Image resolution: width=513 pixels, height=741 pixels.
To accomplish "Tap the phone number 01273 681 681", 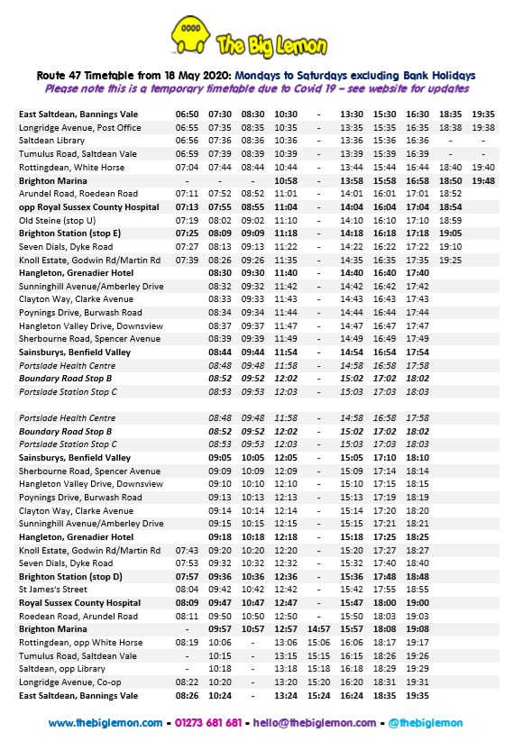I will coord(206,723).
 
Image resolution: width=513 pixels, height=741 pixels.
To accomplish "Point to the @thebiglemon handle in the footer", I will coord(425,723).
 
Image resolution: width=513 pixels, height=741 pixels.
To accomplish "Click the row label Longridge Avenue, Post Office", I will coord(80,128).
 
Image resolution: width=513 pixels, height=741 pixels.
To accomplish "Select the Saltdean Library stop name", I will coord(60,141).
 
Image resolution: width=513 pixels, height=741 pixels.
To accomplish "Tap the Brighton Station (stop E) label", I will coord(70,233).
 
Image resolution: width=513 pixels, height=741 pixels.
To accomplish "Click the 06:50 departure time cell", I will coord(188,114).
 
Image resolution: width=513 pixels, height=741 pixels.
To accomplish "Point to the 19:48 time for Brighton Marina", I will coord(483,180).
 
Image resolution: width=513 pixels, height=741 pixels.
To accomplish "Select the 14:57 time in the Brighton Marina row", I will coord(318,628).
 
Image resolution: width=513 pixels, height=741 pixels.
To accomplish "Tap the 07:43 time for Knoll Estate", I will coord(188,550).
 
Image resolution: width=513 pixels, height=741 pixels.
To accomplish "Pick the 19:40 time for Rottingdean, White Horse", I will coord(483,168).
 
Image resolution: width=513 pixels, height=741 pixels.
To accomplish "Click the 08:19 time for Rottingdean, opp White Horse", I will coord(188,643).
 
